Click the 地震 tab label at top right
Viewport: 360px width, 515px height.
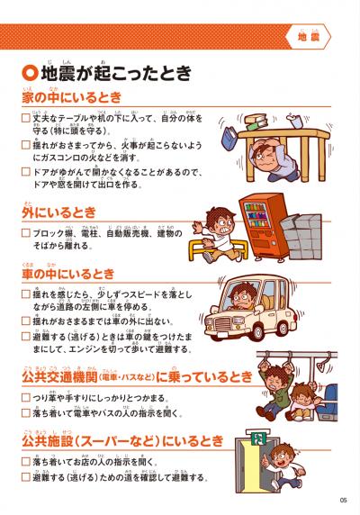click(x=310, y=37)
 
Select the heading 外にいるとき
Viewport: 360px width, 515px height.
click(x=58, y=212)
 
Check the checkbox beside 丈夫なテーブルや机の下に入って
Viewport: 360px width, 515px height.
click(x=25, y=118)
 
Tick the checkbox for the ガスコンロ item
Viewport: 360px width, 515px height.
click(x=25, y=145)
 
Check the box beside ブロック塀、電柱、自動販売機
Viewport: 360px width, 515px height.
click(x=25, y=232)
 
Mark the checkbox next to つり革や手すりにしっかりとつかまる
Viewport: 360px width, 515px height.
click(x=25, y=396)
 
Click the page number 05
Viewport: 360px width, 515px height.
click(x=343, y=501)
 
